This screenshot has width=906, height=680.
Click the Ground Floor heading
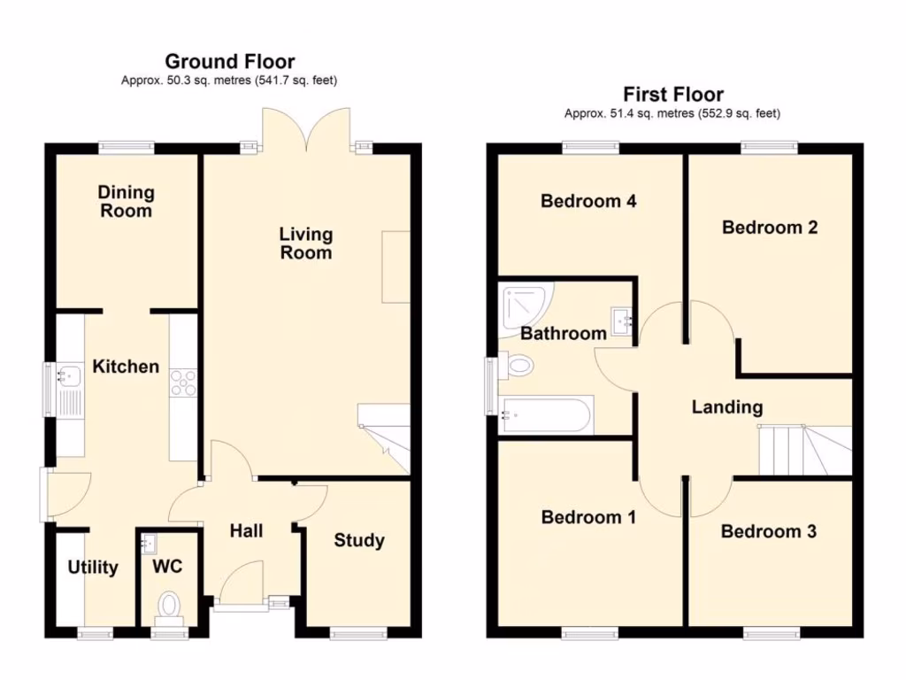coord(230,61)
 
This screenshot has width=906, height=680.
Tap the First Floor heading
coord(673,94)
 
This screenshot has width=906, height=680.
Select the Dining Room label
coord(126,201)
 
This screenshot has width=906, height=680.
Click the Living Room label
coord(306,243)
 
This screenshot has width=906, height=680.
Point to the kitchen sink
coord(70,375)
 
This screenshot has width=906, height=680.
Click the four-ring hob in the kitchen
coord(183,382)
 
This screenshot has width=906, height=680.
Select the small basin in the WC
coord(149,543)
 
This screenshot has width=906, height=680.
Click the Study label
coord(359,541)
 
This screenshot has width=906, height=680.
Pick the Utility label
coord(93,568)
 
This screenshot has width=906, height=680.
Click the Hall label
coord(247,531)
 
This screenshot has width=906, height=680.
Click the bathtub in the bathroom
coord(547,415)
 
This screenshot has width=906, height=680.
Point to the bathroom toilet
coord(516,366)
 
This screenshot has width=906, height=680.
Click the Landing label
coord(727,407)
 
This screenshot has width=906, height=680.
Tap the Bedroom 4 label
coord(588,201)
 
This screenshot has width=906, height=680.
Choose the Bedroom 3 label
coord(769,531)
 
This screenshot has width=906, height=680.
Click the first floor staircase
coord(805,451)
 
